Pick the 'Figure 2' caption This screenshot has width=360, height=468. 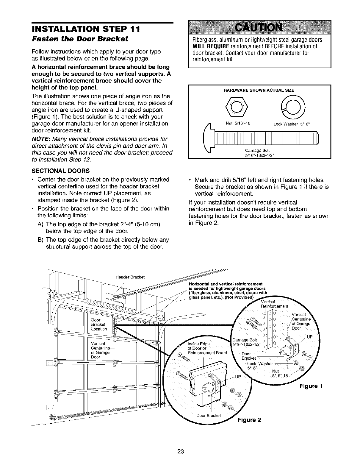[x=249, y=420]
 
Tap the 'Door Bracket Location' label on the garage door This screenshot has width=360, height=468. [x=99, y=324]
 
